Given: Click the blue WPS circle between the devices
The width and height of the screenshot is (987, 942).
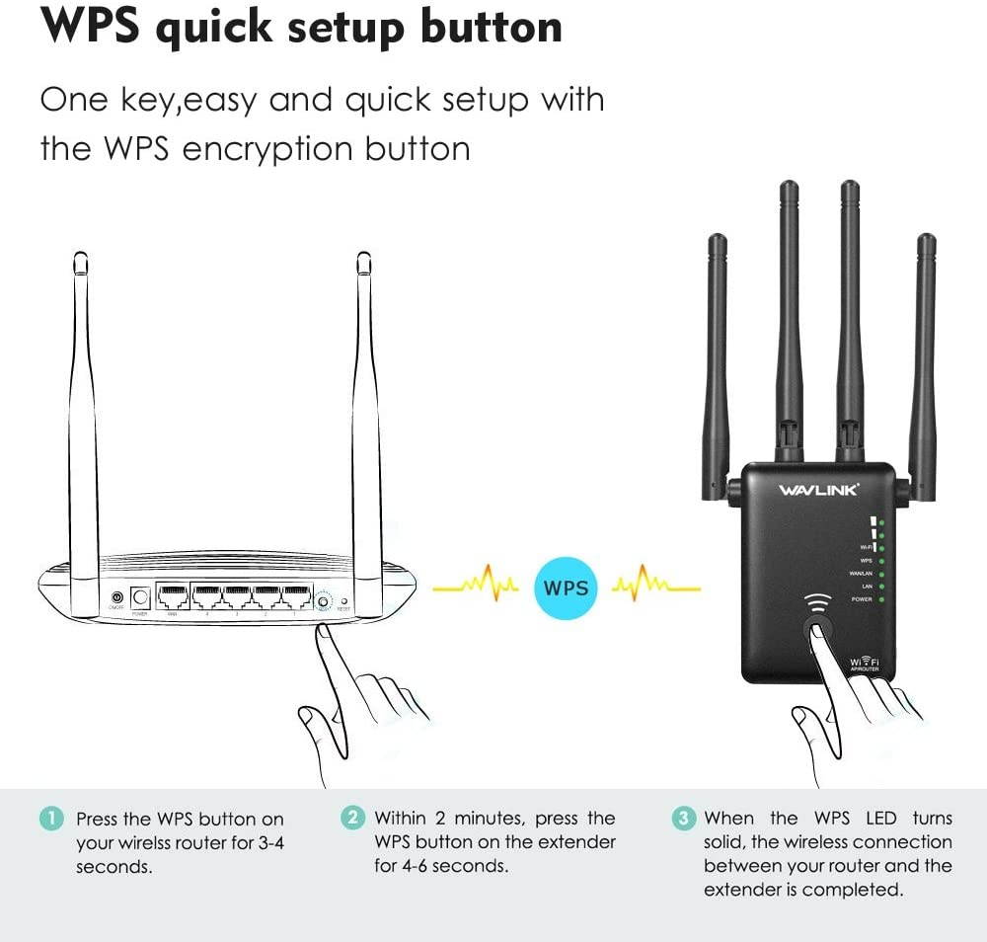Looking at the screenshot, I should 566,589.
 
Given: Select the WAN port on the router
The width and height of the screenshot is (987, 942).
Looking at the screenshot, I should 172,596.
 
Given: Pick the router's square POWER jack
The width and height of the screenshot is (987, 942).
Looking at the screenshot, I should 140,596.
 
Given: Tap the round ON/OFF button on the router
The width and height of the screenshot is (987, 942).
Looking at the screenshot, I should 117,598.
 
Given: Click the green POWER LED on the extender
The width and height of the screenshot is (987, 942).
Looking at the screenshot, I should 880,599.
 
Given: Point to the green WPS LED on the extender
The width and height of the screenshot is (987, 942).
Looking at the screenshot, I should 880,560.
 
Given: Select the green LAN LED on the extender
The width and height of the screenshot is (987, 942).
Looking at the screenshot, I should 880,587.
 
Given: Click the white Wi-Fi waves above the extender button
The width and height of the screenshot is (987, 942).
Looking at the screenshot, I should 816,603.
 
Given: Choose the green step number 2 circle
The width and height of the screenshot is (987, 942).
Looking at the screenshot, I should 351,818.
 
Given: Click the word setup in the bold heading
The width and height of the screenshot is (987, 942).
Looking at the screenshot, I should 339,28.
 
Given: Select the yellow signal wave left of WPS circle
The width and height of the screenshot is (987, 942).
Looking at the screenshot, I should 476,588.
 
